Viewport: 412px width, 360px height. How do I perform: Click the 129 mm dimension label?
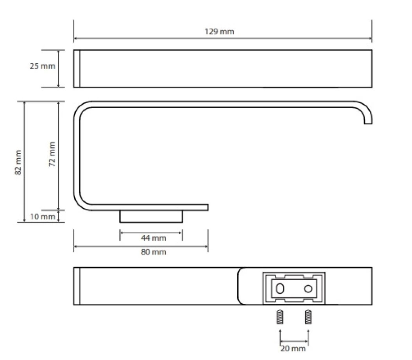tap(219, 32)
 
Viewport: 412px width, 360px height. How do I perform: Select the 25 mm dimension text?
tap(42, 66)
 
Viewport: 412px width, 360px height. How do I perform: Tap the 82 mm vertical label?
tap(18, 162)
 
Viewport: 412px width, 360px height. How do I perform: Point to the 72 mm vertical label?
tap(52, 154)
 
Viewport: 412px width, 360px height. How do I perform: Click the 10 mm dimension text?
tap(42, 217)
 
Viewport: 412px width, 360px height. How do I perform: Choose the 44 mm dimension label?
tap(154, 238)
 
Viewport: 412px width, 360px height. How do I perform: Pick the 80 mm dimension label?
tap(154, 252)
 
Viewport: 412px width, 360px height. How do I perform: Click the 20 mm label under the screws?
tap(293, 349)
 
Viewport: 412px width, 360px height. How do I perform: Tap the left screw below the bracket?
tap(280, 317)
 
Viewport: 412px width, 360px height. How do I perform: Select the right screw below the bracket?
tap(308, 317)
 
